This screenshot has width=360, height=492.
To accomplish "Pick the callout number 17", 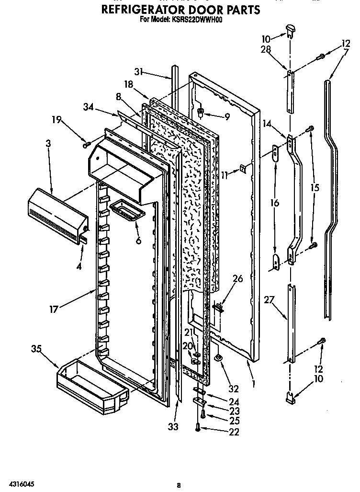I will click(54, 309).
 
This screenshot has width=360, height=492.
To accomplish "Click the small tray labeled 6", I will click(127, 209).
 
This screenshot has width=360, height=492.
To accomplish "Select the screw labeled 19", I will click(86, 143).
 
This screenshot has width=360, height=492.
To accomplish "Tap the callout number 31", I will click(139, 72).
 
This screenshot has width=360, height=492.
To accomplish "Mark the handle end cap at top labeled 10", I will click(290, 30).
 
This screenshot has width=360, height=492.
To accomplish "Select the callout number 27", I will click(269, 300).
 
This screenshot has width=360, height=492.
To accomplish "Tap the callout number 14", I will click(267, 123).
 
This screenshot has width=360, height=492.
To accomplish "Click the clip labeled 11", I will click(243, 168).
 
